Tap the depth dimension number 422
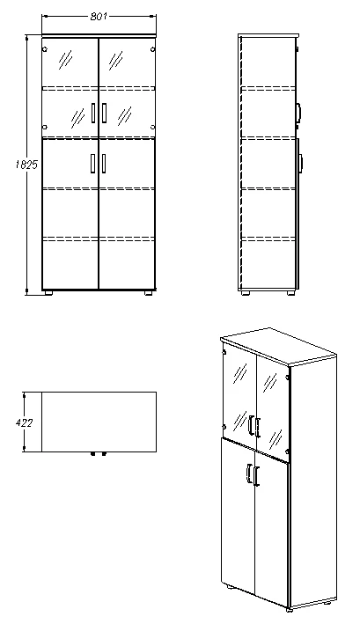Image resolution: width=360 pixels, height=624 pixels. (x=26, y=422)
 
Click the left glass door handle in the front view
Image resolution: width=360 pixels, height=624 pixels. (x=92, y=113)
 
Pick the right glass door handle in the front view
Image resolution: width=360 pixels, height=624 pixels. (x=104, y=113)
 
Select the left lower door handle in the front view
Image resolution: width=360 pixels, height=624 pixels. (x=92, y=163)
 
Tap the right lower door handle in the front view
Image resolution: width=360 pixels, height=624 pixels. (x=104, y=163)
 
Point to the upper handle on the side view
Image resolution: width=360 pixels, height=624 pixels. (x=300, y=112)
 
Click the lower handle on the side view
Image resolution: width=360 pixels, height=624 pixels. (x=300, y=162)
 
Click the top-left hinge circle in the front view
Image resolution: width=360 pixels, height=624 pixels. (x=45, y=48)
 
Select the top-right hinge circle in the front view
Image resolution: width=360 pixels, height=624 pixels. (x=153, y=48)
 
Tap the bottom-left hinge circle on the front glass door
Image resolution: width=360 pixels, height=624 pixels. (x=45, y=128)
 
